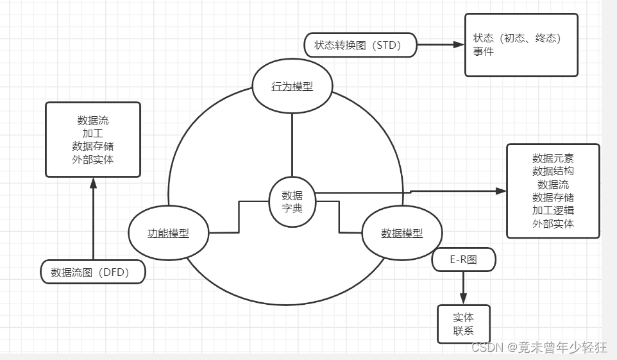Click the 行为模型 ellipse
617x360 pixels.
[292, 87]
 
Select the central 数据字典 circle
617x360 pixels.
[292, 201]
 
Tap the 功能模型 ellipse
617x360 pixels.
[168, 233]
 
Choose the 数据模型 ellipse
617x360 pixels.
[401, 233]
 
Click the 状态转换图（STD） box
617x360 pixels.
[361, 46]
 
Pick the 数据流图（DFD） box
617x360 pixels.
[94, 272]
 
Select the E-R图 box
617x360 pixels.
[463, 259]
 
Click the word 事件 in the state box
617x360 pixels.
[484, 51]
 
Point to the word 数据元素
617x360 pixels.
[553, 158]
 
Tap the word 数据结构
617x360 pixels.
[553, 171]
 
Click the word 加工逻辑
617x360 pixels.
[553, 210]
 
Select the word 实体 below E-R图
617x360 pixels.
[463, 318]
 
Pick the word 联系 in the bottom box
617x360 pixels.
[463, 331]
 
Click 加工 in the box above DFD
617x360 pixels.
[93, 133]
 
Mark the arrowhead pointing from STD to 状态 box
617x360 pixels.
[459, 45]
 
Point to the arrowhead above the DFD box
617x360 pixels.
[93, 183]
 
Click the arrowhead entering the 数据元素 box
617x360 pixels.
[501, 191]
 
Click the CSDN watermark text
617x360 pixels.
[539, 347]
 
